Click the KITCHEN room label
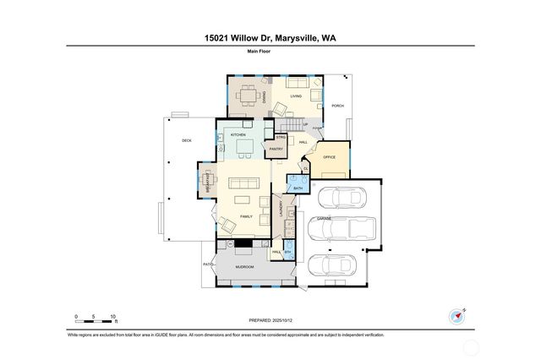[x=238, y=134]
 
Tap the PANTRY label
[x=276, y=150]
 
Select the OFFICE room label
[x=330, y=157]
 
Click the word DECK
[x=187, y=140]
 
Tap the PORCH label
[x=337, y=106]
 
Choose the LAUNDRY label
[x=280, y=207]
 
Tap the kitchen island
[x=245, y=149]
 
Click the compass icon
[x=457, y=317]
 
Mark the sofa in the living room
[x=297, y=83]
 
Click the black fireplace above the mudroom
[x=243, y=244]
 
